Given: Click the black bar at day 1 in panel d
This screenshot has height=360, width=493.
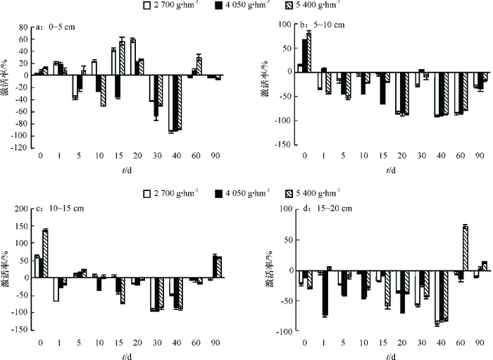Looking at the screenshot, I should coord(325,294).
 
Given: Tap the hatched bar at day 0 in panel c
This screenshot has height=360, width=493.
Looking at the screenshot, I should coord(46,254).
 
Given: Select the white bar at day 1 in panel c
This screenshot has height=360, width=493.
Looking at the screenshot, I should coord(56,290).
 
